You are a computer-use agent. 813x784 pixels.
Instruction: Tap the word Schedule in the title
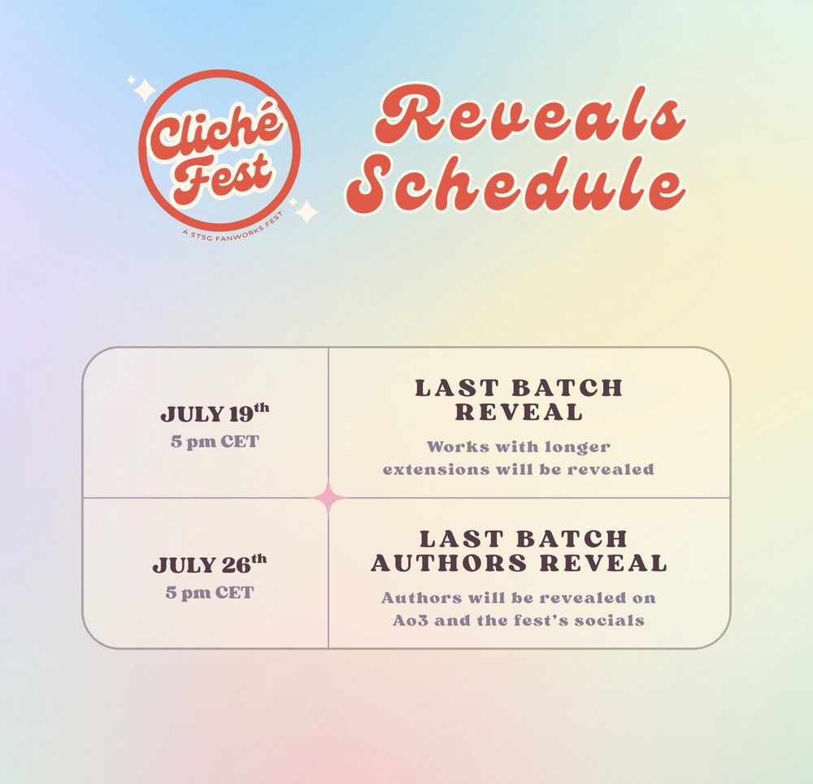515,185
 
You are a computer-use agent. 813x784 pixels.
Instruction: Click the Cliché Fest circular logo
220,150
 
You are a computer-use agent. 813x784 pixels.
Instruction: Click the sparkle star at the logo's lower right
305,211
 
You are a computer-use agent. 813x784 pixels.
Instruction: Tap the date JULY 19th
214,412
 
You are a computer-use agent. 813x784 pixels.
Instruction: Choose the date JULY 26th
209,564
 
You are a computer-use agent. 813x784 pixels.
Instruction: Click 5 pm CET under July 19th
209,442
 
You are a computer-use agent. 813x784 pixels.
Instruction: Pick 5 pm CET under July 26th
209,593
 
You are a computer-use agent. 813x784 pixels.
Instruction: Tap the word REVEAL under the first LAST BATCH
519,412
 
